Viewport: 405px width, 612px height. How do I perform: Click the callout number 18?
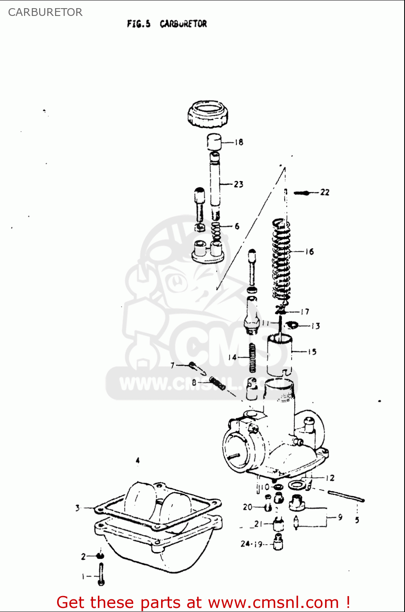tap(239, 142)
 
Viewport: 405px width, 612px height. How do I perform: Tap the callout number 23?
tap(239, 184)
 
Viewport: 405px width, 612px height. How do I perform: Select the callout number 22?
tap(325, 192)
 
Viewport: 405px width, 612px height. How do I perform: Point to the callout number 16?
tap(310, 252)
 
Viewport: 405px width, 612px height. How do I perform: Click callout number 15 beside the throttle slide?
tap(312, 352)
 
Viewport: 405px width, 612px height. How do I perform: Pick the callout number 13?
tap(316, 326)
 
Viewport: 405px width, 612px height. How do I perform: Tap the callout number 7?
tap(173, 365)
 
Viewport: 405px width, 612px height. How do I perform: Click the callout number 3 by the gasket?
tap(77, 508)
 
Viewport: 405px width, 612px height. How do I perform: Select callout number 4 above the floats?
tap(137, 460)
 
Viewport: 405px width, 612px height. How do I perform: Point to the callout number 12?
tap(330, 478)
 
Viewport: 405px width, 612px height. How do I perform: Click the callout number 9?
tap(340, 517)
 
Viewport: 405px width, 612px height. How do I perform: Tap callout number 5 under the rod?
tap(357, 520)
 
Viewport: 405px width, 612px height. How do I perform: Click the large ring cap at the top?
tap(208, 114)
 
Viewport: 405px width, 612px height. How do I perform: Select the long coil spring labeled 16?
tap(281, 261)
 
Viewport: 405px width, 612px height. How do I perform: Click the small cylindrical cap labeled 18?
tap(214, 142)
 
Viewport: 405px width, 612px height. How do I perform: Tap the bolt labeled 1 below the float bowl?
tap(101, 574)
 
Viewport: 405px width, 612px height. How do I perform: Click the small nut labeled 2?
tap(100, 556)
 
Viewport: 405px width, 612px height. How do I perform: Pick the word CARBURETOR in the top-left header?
tap(45, 12)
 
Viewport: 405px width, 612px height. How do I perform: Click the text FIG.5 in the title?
tap(139, 24)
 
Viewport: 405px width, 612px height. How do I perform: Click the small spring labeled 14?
tap(252, 358)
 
